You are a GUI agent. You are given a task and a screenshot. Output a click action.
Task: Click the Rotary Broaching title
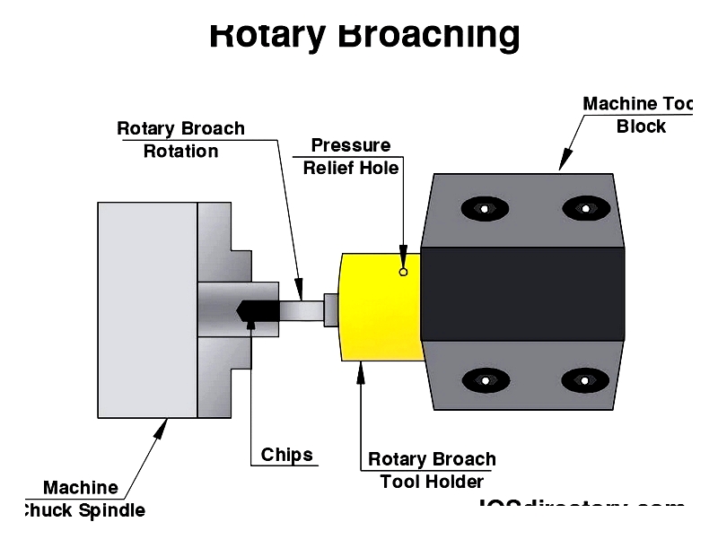pos(364,34)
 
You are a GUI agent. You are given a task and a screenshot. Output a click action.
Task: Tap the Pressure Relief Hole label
pos(351,157)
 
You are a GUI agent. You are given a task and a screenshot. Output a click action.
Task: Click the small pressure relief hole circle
pos(404,272)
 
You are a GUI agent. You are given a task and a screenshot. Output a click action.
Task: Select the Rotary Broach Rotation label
pos(180,140)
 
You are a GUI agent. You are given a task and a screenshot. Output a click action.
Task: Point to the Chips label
pos(287,455)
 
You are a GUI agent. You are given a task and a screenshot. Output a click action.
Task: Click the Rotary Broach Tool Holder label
pos(432,470)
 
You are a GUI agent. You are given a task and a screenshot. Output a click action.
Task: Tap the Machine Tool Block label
pos(639,115)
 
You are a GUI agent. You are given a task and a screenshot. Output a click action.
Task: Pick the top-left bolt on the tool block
pos(485,209)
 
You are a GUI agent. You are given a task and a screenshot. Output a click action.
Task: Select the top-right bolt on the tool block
pos(585,209)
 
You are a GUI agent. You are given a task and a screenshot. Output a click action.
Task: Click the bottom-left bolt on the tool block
pos(485,379)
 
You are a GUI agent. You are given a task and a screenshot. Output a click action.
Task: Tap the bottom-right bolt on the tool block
pos(585,379)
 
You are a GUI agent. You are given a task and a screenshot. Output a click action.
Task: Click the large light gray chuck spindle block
pos(147,309)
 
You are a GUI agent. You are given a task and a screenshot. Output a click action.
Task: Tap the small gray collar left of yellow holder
pos(331,309)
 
